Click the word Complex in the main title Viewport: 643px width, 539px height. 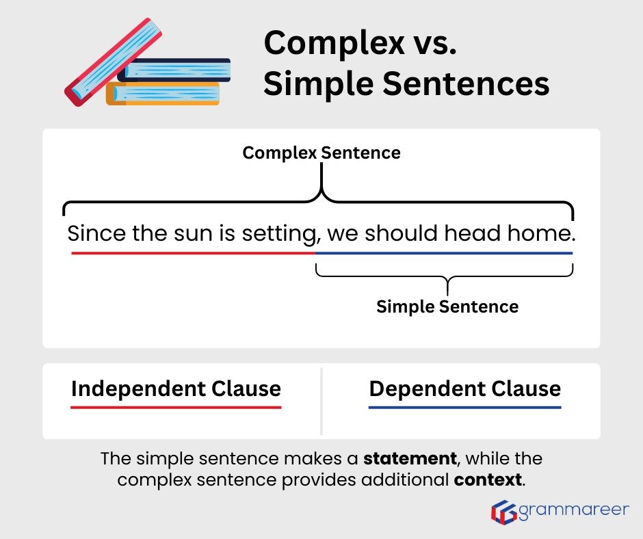tap(325, 43)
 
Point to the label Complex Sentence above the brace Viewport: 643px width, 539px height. tap(321, 153)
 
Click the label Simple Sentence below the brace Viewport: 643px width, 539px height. tap(447, 306)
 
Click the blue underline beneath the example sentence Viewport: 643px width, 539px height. tap(444, 253)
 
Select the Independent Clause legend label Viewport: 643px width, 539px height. tap(176, 389)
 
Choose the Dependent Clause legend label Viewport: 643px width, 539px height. tap(465, 389)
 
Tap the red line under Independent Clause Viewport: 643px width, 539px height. tap(176, 408)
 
